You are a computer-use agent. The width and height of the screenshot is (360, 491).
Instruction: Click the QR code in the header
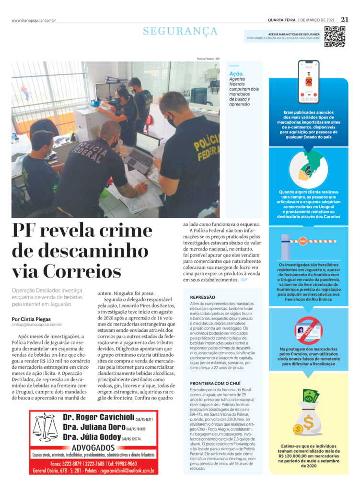334,37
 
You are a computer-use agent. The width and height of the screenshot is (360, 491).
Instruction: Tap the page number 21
345,20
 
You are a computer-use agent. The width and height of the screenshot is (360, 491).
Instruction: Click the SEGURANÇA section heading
180,31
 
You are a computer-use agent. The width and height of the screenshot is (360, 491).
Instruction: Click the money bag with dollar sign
308,419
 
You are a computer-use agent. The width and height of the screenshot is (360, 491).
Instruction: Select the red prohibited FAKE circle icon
308,330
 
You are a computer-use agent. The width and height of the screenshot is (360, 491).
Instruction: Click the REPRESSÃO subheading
203,297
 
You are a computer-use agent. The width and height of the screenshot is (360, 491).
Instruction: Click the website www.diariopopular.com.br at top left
34,20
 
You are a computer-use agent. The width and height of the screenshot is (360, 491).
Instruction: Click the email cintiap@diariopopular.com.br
37,325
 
